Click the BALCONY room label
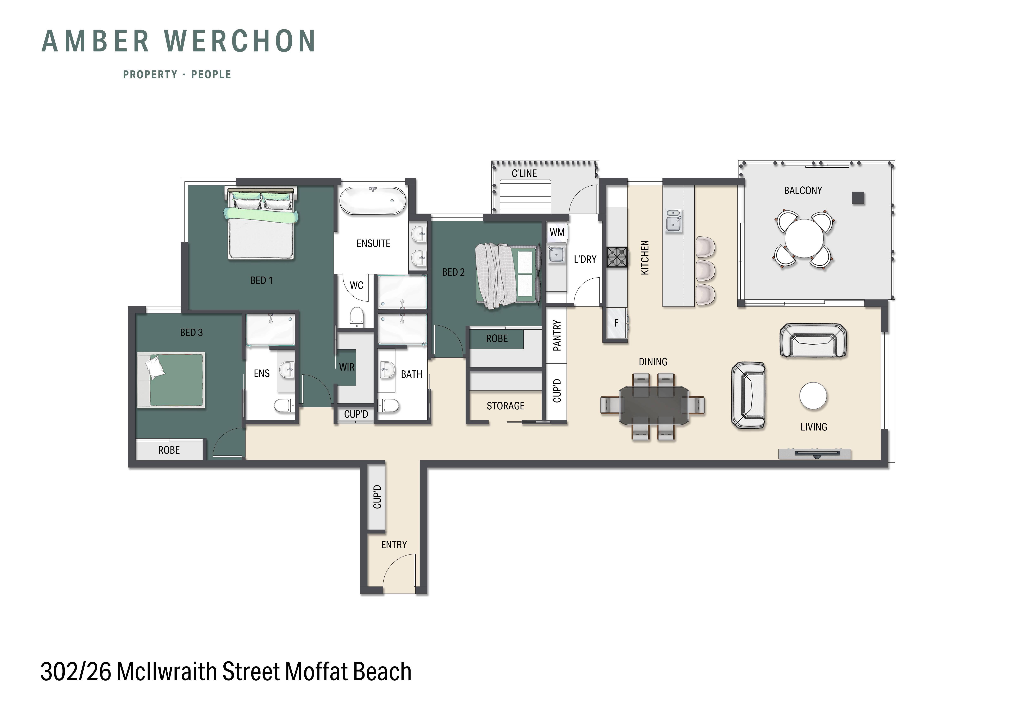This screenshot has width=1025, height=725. tap(803, 191)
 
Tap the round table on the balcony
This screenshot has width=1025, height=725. tap(803, 238)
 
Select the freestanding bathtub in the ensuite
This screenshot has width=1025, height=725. tap(373, 201)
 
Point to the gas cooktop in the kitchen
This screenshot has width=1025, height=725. tap(616, 257)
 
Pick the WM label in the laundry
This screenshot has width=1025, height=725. tap(557, 232)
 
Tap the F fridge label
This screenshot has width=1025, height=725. tap(616, 323)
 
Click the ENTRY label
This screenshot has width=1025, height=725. tap(394, 545)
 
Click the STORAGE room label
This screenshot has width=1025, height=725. tap(505, 406)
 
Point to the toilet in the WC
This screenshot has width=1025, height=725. tap(357, 317)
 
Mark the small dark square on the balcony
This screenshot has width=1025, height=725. tap(858, 198)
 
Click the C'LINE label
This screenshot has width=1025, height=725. tap(524, 173)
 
